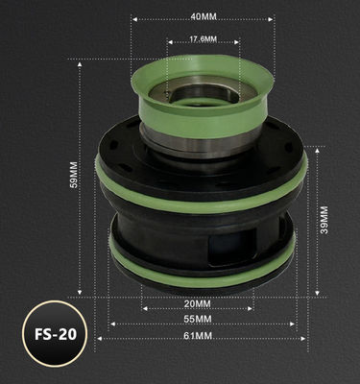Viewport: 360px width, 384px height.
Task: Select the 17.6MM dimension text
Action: (201, 40)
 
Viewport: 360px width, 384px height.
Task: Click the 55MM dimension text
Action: (199, 319)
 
